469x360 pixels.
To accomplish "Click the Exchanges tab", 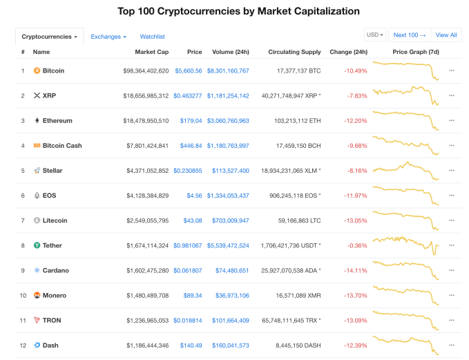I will [108, 36].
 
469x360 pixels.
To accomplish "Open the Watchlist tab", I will [152, 36].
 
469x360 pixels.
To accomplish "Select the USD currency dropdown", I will [375, 35].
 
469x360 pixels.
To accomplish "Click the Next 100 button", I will [409, 35].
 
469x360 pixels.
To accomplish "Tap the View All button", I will [446, 35].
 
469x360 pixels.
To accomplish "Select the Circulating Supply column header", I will [294, 52].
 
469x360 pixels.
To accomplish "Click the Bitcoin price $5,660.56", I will [188, 70].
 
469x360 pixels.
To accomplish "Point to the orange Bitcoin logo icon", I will [37, 70].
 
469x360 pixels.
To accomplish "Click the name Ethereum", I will [57, 121].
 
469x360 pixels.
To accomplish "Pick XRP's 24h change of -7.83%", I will [357, 96].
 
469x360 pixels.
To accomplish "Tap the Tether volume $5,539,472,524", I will [228, 245].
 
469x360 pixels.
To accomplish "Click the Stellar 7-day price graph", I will [405, 170].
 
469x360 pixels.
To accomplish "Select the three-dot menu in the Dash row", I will [452, 345].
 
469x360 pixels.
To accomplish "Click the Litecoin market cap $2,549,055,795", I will [147, 220].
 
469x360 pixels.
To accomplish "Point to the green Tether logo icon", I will [37, 245].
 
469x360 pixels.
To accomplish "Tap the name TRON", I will [52, 320].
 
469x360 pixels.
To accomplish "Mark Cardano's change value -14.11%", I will [356, 270].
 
